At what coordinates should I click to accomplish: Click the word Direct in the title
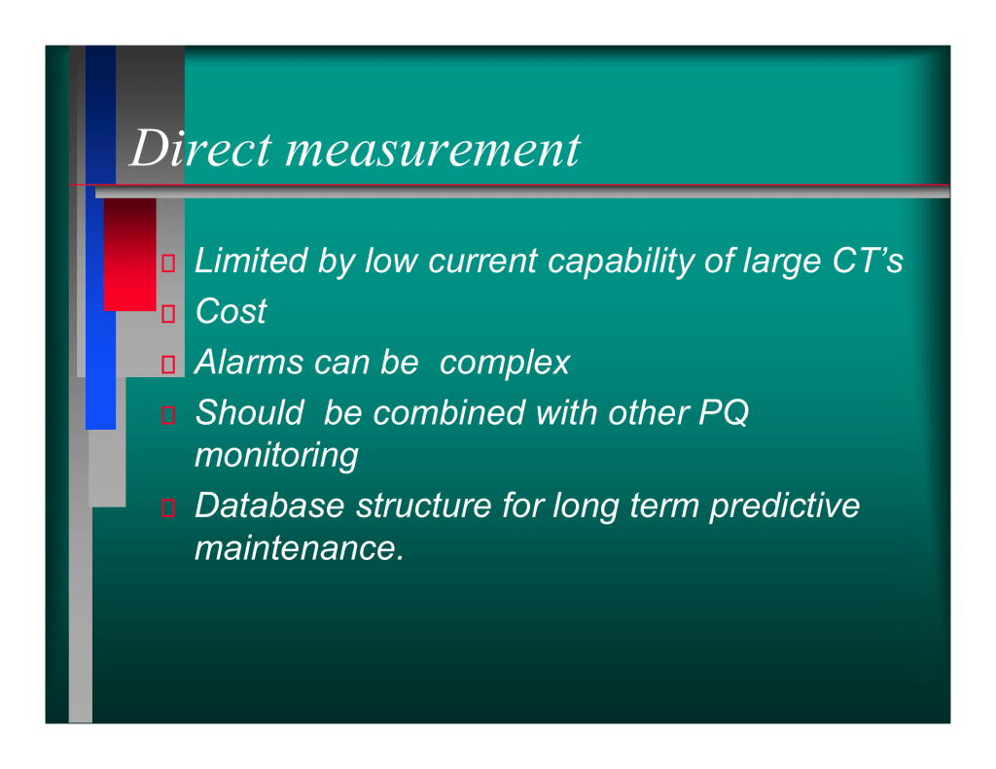[200, 148]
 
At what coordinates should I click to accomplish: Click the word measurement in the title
[433, 151]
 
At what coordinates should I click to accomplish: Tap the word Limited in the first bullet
[251, 261]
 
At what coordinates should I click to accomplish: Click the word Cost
[231, 311]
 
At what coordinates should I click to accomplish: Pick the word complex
[505, 364]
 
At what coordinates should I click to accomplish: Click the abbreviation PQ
[724, 413]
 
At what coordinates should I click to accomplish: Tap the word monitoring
[276, 456]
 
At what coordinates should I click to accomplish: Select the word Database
[269, 506]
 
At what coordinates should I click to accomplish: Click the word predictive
[784, 507]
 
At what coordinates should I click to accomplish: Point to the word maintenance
[300, 548]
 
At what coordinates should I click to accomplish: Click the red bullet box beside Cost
[168, 314]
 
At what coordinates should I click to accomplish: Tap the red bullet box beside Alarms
[168, 365]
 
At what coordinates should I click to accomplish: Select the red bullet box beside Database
[168, 508]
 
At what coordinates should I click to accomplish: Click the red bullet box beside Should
[168, 415]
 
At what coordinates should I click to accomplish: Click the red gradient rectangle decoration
[129, 255]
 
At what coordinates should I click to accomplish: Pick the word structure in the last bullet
[424, 506]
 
